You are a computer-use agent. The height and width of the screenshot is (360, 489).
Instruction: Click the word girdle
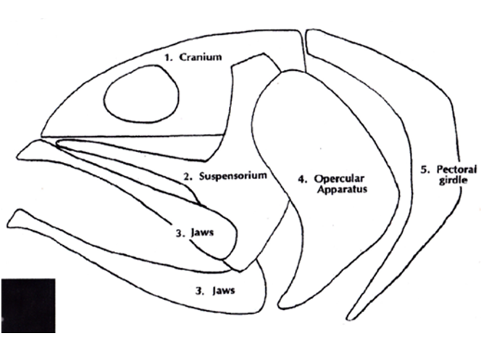click(449, 181)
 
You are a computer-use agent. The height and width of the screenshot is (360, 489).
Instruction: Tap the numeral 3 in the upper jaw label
click(179, 233)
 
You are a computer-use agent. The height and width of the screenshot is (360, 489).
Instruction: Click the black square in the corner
click(28, 305)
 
